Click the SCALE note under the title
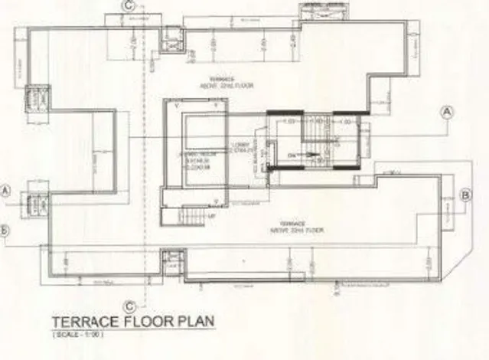[79, 335]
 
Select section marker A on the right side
[448, 112]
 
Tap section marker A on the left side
[6, 190]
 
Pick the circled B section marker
[465, 195]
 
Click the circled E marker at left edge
[5, 230]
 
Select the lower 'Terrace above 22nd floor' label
[294, 228]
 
